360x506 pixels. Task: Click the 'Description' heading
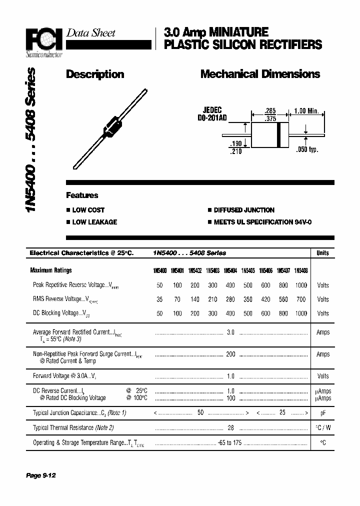[x=95, y=74]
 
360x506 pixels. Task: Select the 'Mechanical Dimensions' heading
[x=260, y=74]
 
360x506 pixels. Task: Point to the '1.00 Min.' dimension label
[x=306, y=110]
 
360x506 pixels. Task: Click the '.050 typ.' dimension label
[x=306, y=149]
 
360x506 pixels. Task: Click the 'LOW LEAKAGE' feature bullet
[x=94, y=222]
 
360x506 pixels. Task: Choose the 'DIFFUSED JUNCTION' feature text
[x=244, y=210]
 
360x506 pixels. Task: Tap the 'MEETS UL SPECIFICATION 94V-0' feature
[x=262, y=222]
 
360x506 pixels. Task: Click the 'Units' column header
[x=323, y=253]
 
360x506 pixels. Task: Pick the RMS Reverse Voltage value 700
[x=300, y=299]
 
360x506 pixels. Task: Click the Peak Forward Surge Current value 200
[x=230, y=354]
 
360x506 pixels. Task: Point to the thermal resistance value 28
[x=230, y=427]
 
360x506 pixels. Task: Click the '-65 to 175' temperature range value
[x=230, y=443]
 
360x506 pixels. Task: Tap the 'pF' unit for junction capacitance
[x=323, y=413]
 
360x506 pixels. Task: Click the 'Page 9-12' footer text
[x=41, y=475]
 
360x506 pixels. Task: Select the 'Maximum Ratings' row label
[x=51, y=270]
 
